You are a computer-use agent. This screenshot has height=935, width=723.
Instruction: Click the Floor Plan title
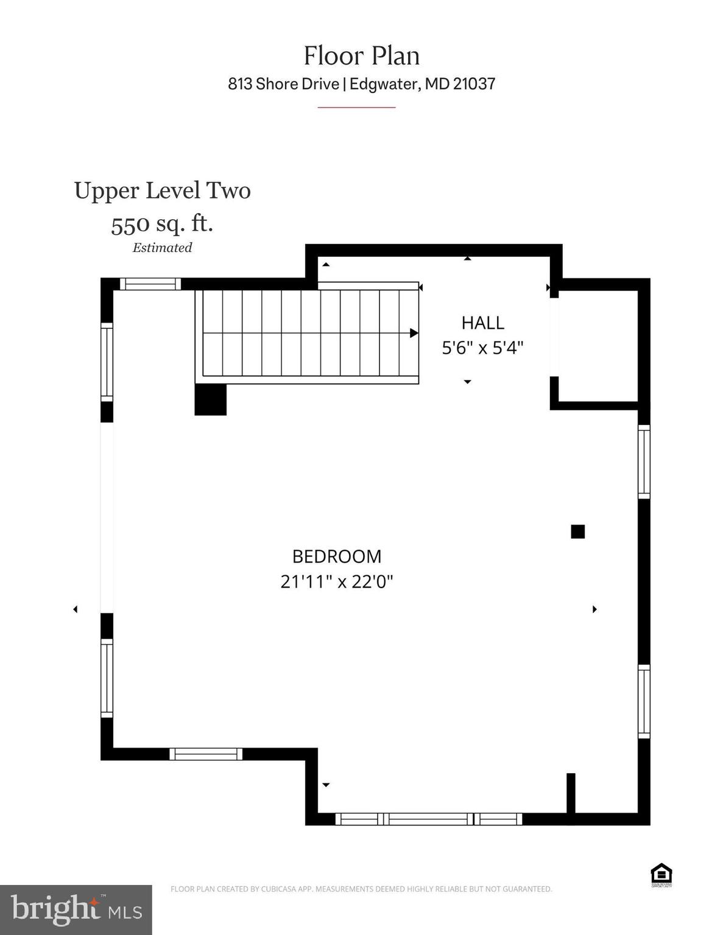361,56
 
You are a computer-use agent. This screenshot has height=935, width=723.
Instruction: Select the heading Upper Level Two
162,191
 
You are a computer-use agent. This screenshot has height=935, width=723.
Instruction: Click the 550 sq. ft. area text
162,223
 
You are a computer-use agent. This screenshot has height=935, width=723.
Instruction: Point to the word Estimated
162,248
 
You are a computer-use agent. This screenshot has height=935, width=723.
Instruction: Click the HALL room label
482,323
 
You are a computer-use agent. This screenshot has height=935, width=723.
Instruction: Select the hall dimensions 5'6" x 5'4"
482,348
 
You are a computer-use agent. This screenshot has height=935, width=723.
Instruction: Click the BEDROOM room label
337,556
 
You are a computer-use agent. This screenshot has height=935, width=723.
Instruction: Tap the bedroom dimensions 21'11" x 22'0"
337,582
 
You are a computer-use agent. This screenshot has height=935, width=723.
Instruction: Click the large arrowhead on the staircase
414,333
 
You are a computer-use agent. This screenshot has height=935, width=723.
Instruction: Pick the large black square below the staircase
210,400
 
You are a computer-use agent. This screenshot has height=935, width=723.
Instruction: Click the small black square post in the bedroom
577,531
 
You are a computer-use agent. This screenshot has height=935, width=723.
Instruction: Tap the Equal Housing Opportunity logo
661,875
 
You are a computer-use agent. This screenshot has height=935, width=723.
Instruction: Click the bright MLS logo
76,909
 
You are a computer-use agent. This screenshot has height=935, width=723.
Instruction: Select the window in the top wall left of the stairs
150,284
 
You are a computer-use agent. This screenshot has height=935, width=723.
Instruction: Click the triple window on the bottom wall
428,819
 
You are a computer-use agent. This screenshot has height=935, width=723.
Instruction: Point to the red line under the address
356,107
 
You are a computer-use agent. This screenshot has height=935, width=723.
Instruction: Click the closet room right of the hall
598,346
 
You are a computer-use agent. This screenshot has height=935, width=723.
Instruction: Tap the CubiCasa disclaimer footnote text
361,889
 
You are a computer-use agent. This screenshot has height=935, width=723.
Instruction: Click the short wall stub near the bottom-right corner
571,793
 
